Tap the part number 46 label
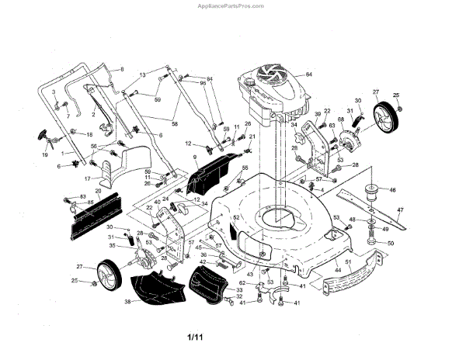pos(392,189)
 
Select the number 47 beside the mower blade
pos(401,210)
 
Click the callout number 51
pos(349,264)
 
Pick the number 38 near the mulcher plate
pos(127,302)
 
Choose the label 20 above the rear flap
pos(98,190)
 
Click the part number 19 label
pos(44,155)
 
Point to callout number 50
pos(390,244)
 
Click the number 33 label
pos(240,289)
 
